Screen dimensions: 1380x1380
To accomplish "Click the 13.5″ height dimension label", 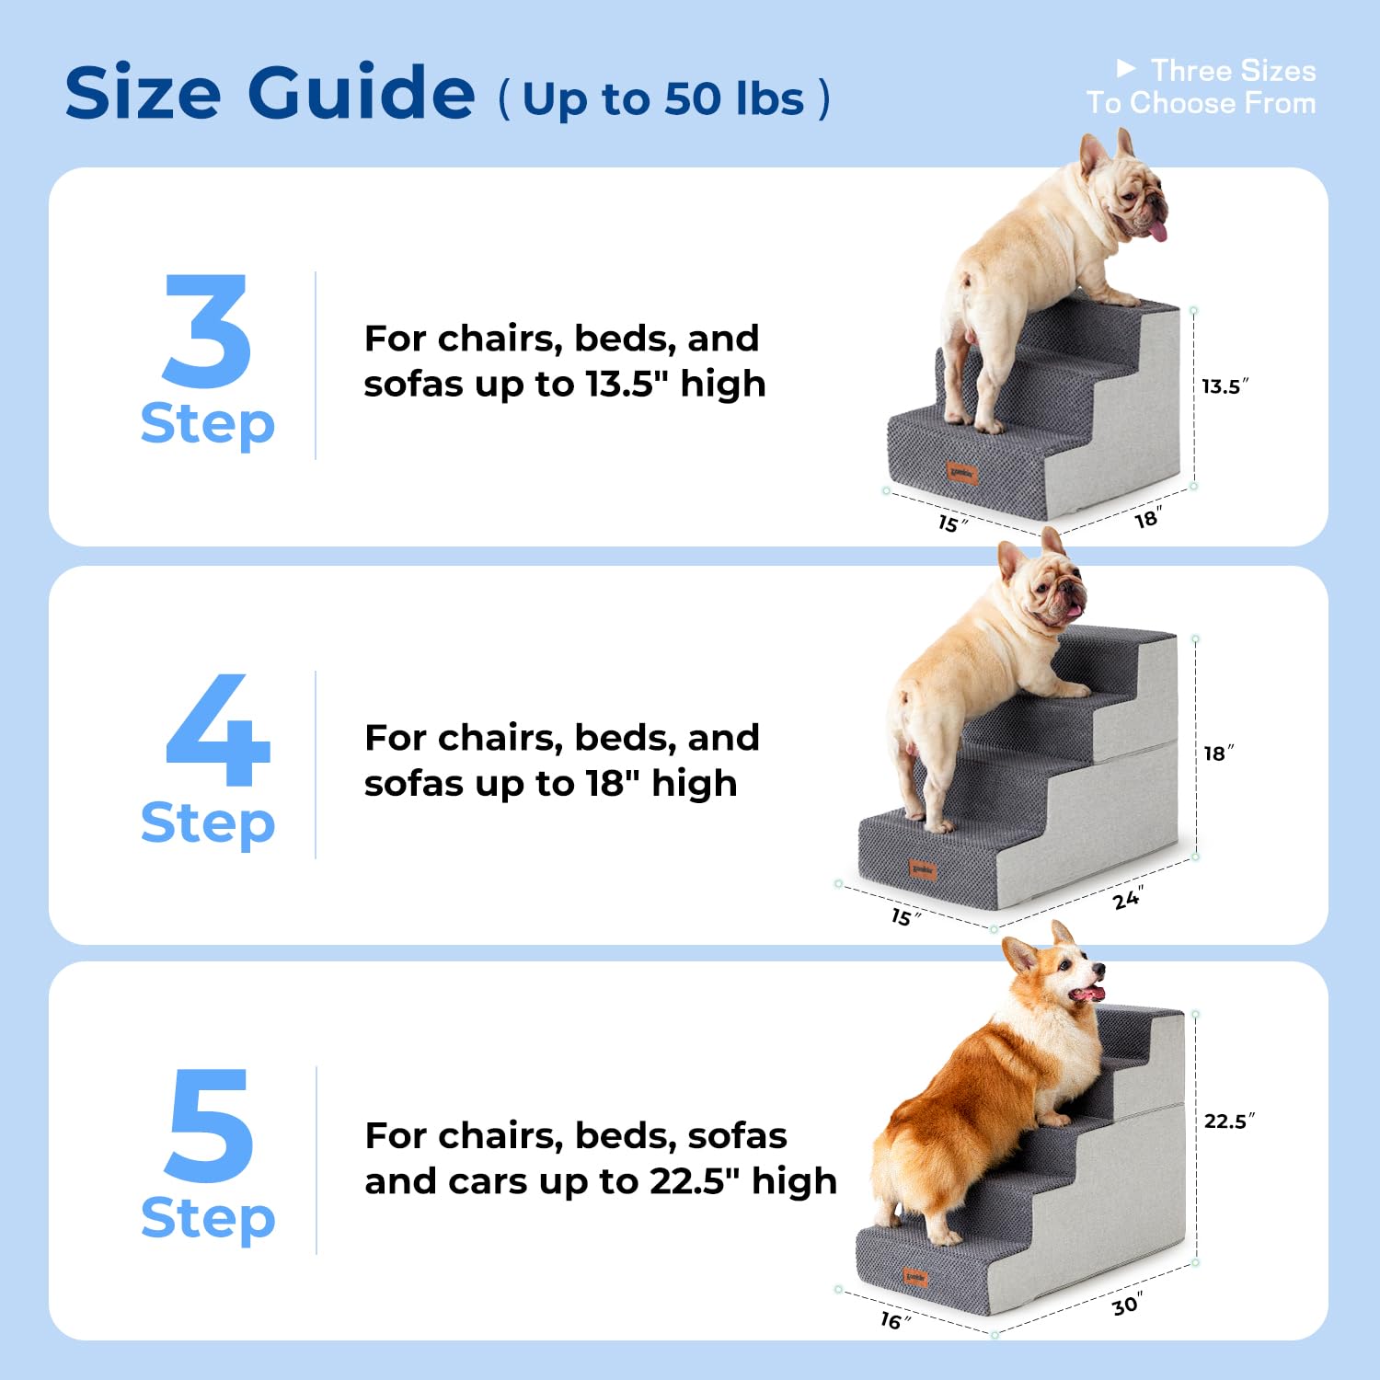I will coord(1224,386).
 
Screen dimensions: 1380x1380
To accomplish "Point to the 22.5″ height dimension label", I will coord(1228,1121).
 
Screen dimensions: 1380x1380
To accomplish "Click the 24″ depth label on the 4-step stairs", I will coord(1127,898).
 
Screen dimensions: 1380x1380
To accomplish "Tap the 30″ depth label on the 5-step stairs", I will coord(1126,1305).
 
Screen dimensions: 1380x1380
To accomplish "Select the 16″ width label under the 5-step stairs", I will coord(893,1321).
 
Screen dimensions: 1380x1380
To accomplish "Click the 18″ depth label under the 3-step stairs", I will coord(1146,519).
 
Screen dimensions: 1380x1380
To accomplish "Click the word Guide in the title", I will coord(361,93).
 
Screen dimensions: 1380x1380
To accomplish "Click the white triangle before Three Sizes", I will coord(1125,68).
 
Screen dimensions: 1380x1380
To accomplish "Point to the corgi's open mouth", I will coord(1087,994).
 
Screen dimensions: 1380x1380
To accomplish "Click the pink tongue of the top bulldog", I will coord(1158,230).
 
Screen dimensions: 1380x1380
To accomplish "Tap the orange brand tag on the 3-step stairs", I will coord(962,474).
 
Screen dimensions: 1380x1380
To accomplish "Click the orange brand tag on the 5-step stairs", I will coord(915,1277).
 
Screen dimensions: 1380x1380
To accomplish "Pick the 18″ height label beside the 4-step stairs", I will coord(1218,753).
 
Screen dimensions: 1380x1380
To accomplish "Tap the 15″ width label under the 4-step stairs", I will coord(904,916).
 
